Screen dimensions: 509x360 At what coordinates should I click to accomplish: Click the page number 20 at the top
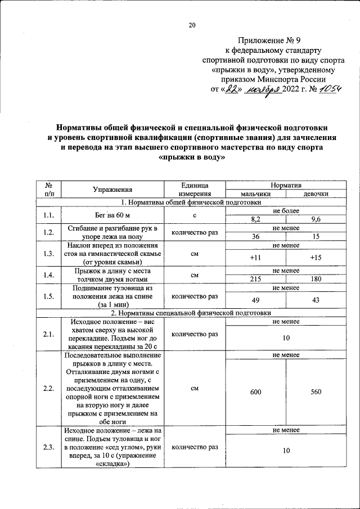coord(191,24)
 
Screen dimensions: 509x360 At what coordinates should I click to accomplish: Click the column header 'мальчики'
coord(255,193)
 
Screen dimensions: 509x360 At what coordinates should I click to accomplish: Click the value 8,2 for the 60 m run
coord(255,219)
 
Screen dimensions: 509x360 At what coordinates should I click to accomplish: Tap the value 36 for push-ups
coord(255,236)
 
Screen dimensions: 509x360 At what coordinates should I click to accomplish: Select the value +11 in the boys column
coord(255,258)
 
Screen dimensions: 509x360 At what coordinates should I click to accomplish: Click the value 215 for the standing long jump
coord(255,279)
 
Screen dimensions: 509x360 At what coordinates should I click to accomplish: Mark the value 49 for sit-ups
coord(255,300)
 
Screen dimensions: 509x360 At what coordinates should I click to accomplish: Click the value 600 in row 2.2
coord(255,392)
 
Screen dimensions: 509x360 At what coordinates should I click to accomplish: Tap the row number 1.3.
coord(48,254)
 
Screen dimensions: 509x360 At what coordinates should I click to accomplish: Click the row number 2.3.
coord(48,447)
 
